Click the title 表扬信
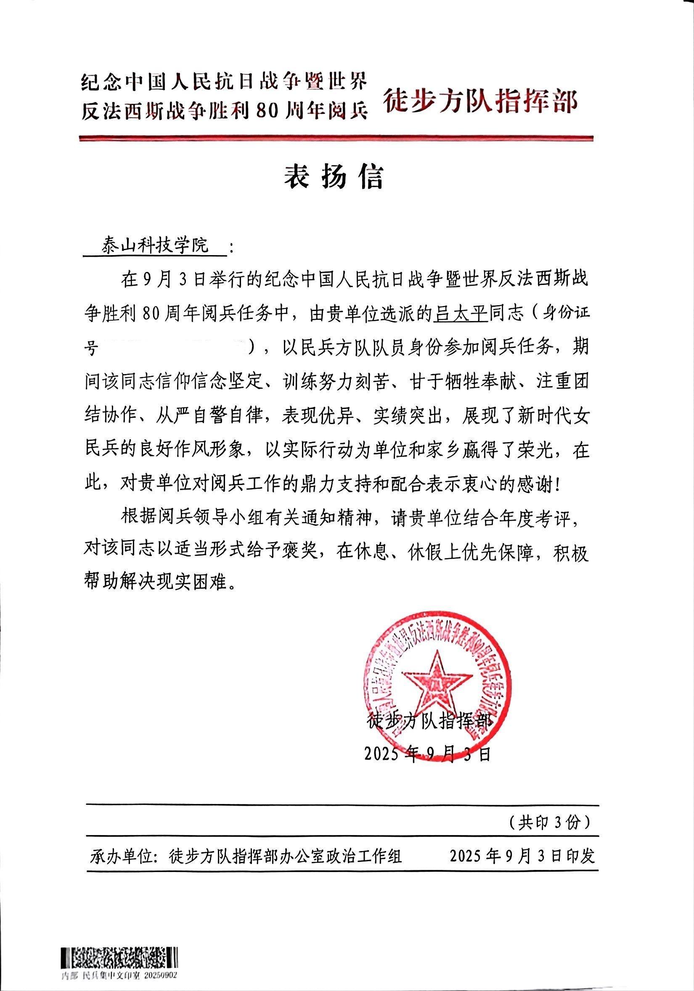334,177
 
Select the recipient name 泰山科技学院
155,246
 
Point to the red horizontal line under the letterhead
336,139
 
